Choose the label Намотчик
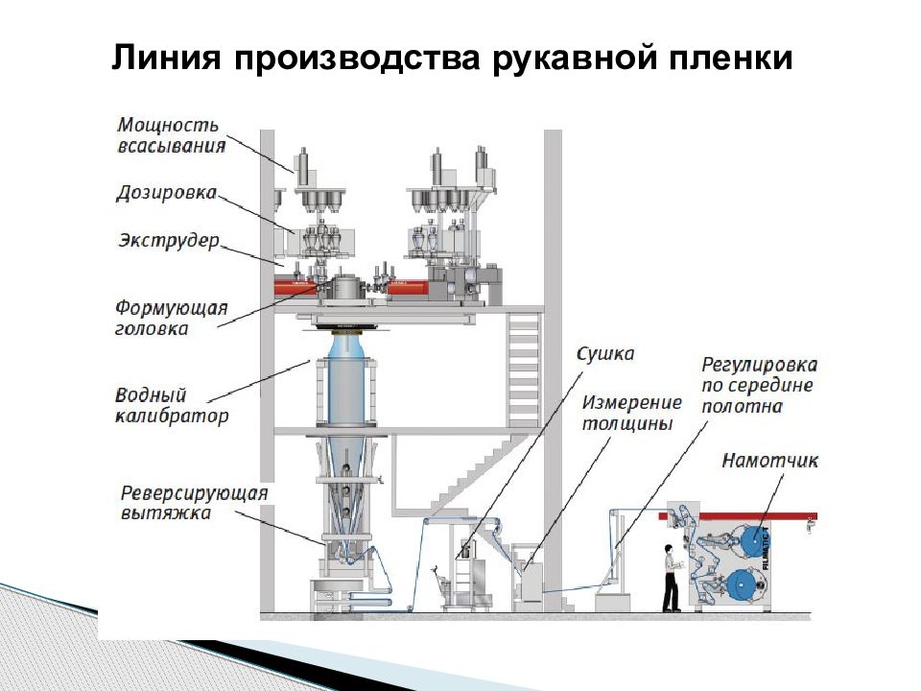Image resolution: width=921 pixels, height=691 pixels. point(770,461)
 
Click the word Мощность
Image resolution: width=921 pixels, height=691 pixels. point(169,126)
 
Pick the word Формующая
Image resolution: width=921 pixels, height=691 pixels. point(172,308)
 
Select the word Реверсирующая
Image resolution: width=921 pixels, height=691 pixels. point(194,493)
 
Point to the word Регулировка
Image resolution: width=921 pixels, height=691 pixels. point(759,366)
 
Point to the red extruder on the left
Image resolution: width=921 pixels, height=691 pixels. point(295,286)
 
